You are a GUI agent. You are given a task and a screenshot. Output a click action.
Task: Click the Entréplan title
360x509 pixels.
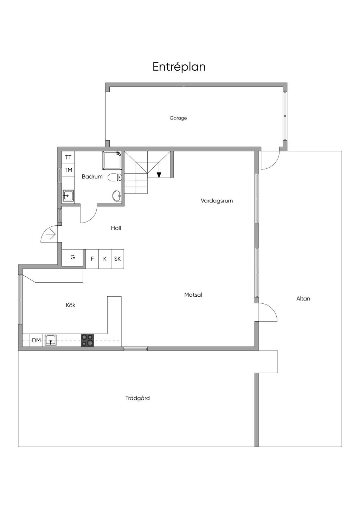point(179,67)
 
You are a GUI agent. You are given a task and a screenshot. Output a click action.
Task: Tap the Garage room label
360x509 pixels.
point(178,118)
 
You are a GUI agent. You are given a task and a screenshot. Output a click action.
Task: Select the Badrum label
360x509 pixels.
point(92,176)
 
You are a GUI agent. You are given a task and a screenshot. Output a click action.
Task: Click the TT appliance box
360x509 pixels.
point(68,157)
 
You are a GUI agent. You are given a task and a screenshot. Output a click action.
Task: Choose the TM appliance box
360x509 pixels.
point(68,170)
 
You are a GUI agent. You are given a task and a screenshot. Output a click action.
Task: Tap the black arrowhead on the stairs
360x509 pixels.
point(159,175)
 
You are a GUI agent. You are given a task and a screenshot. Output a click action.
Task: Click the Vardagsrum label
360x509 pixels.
point(217,201)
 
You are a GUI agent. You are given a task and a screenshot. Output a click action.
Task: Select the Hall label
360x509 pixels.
point(116,228)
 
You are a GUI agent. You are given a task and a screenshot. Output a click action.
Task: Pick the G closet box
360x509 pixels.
point(73,257)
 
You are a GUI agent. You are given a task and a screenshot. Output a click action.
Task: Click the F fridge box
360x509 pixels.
point(92,259)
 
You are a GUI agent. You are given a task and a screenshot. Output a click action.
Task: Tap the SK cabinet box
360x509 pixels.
point(117,259)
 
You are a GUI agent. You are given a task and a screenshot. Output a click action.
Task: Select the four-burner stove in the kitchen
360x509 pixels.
point(88,340)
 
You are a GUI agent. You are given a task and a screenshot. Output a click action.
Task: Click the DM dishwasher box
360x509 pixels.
point(36,340)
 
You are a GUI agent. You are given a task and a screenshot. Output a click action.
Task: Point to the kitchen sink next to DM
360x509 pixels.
point(51,340)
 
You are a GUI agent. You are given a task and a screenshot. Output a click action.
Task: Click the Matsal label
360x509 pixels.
point(193,295)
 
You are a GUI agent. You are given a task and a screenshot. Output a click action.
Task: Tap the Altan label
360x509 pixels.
point(303,298)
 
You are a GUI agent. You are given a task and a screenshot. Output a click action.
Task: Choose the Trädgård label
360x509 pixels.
point(137,398)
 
